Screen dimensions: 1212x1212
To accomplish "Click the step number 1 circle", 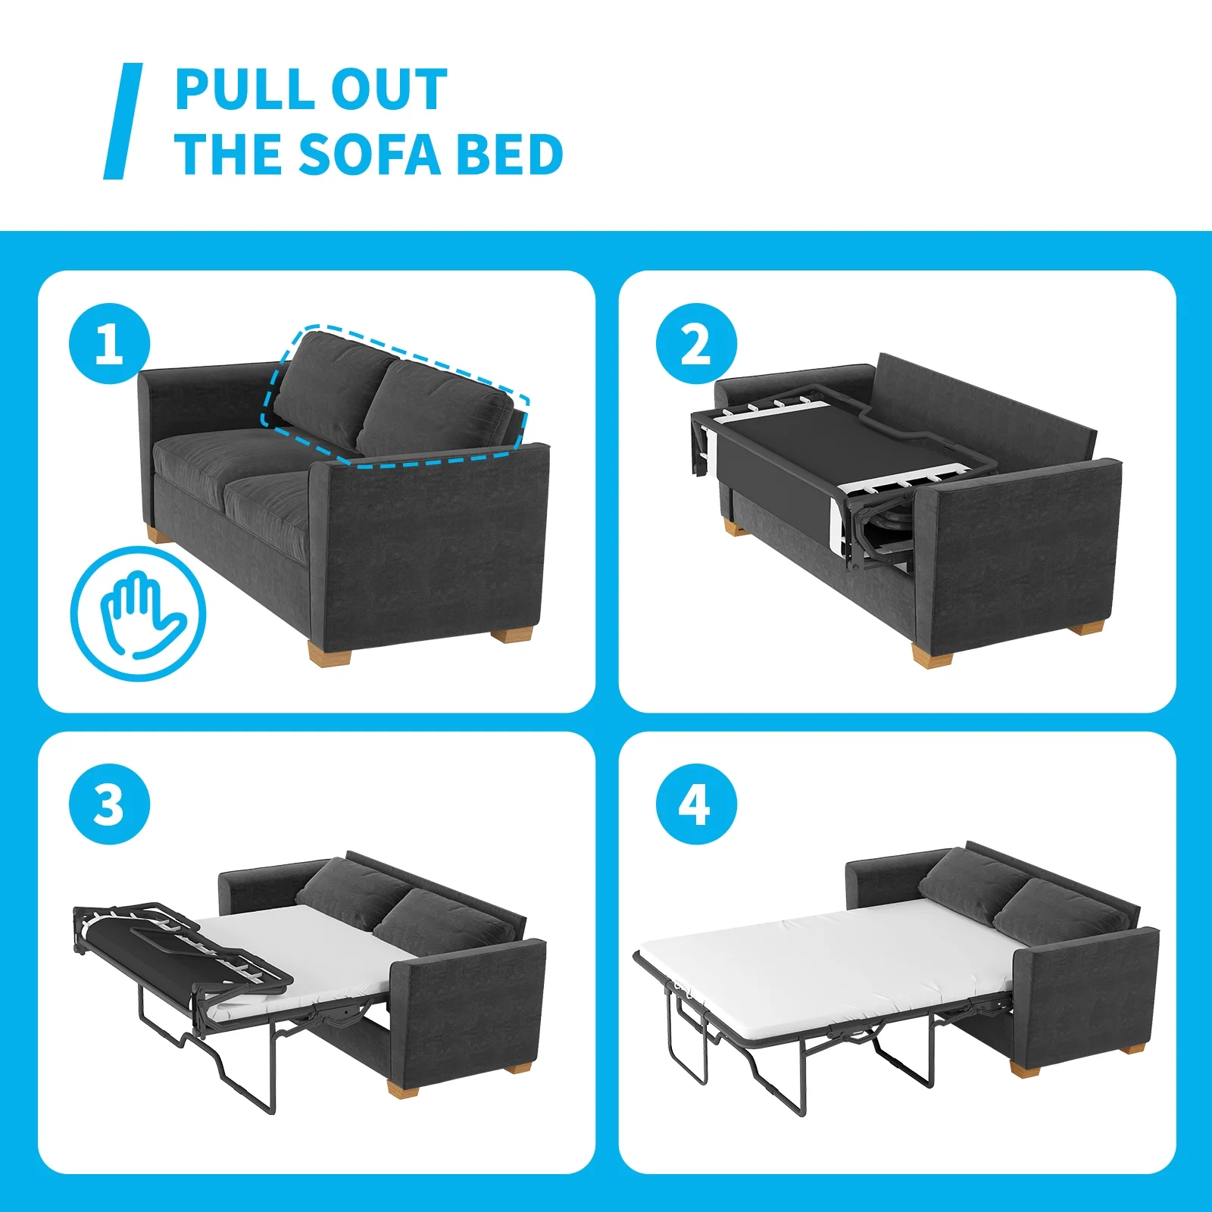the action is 110,344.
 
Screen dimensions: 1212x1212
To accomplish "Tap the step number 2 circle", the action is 696,344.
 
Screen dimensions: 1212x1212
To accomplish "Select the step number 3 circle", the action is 110,804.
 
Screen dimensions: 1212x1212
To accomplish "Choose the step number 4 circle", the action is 696,804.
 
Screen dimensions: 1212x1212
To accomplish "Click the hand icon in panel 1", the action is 139,614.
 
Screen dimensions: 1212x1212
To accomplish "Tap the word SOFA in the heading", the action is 370,154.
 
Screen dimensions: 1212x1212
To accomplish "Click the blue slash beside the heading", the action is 123,121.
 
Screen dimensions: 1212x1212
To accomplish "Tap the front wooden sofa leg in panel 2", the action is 933,654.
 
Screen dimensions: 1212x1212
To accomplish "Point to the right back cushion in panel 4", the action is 1060,909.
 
